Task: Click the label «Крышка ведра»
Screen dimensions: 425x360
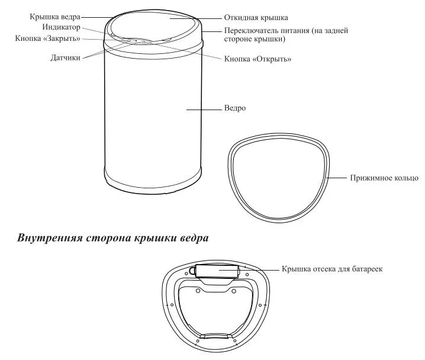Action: (x=55, y=17)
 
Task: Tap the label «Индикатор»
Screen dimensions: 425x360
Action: (x=61, y=27)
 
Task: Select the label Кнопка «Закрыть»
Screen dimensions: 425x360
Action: (x=48, y=38)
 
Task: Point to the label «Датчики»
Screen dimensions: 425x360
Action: (x=65, y=58)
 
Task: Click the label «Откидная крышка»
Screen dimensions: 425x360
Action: (x=256, y=18)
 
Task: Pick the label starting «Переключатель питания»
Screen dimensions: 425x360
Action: (x=286, y=34)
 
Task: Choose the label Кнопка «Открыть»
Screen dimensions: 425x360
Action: (x=257, y=59)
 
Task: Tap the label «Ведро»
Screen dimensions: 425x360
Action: (x=235, y=108)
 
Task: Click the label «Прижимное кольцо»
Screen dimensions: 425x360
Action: (x=384, y=178)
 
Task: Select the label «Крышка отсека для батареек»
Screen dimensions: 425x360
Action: (x=332, y=269)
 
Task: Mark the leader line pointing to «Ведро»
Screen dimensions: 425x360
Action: (x=204, y=110)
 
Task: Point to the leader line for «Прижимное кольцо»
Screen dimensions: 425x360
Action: (x=337, y=178)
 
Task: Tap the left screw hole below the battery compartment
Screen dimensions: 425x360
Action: (x=198, y=291)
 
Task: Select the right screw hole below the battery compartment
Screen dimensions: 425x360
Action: (x=234, y=291)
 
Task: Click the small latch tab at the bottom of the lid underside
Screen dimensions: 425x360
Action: (x=216, y=336)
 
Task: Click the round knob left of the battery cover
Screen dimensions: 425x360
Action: (x=192, y=271)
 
